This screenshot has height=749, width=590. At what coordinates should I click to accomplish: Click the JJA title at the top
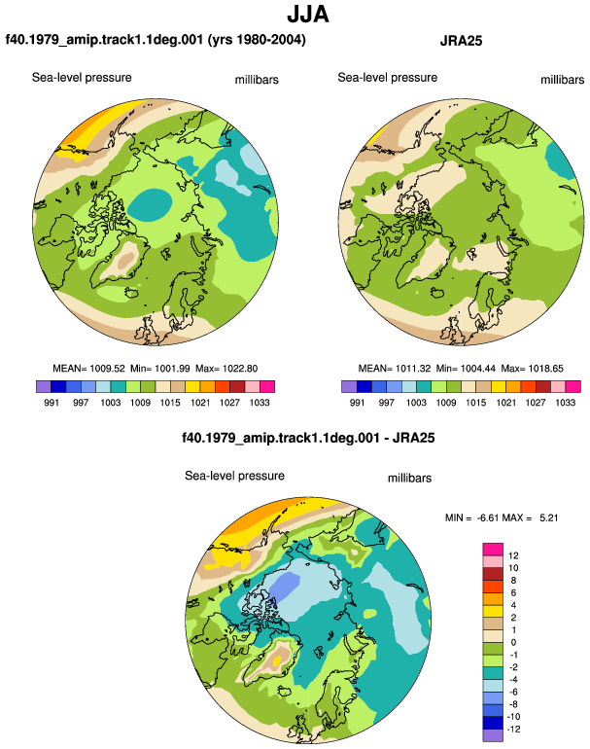click(308, 14)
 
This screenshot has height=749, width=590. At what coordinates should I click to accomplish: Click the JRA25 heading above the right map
click(461, 41)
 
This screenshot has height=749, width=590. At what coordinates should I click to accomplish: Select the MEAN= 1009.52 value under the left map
click(88, 369)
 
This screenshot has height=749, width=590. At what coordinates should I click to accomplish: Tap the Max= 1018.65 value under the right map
click(533, 369)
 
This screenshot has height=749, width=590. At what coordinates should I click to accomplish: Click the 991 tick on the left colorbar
click(52, 403)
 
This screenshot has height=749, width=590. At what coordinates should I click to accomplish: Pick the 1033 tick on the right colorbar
click(565, 403)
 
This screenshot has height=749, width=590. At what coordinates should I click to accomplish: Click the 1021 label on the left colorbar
click(200, 403)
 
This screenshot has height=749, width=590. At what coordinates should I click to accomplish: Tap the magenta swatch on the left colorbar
click(267, 386)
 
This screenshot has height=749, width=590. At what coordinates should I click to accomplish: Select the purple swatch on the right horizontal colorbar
click(349, 386)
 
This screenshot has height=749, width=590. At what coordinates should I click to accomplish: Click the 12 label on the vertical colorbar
click(513, 555)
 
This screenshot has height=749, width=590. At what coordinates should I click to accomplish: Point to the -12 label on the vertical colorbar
click(513, 729)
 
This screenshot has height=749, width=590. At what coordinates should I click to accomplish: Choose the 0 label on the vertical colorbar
click(513, 642)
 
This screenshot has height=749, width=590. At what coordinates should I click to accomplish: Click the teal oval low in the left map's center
click(151, 205)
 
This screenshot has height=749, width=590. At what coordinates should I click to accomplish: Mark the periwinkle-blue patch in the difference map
click(285, 586)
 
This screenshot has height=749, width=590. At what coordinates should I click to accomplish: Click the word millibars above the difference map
click(409, 479)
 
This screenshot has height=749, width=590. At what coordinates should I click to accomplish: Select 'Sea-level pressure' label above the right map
click(388, 78)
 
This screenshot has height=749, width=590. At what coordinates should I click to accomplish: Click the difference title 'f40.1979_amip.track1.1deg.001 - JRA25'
click(308, 438)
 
